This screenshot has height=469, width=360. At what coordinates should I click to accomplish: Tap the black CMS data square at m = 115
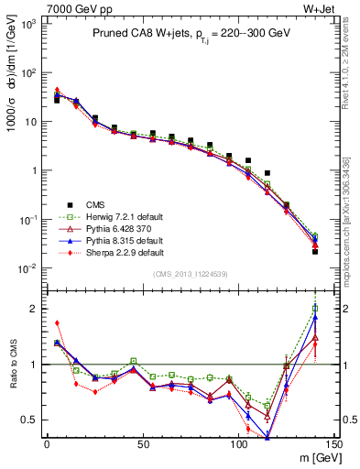[x=267, y=173]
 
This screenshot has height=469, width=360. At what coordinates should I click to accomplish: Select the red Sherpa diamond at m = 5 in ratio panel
[x=57, y=322]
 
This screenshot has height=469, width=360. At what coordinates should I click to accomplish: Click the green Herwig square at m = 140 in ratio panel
[x=315, y=309]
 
